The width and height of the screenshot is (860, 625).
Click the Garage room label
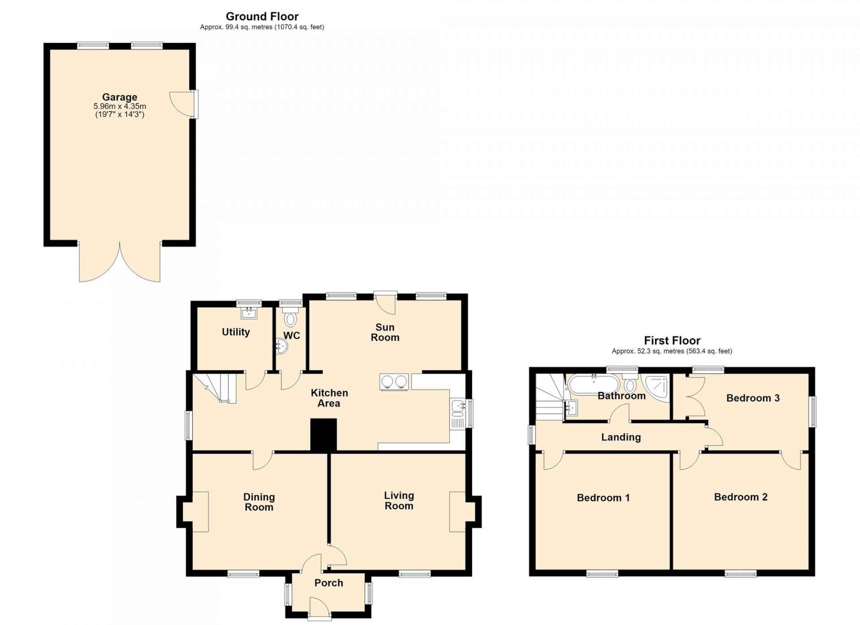(120, 97)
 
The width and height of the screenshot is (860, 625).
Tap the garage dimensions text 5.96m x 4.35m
(120, 107)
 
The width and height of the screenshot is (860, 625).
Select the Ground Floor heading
(262, 17)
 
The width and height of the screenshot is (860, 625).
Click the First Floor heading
(672, 340)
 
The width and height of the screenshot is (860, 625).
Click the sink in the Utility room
(249, 312)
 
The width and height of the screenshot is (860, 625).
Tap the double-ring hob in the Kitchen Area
(394, 382)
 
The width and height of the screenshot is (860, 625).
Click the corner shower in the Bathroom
(656, 388)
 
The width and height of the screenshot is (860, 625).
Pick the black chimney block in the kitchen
(323, 435)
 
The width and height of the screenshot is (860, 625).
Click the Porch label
(329, 583)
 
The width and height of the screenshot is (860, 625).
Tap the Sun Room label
(385, 332)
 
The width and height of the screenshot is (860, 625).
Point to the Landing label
(621, 437)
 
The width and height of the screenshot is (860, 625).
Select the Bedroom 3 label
(753, 398)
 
